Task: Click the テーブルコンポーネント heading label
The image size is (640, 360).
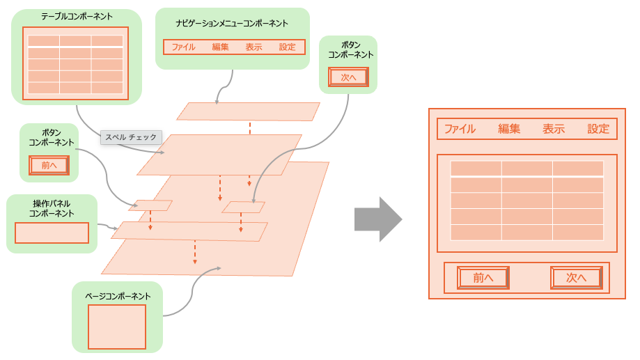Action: coord(77,16)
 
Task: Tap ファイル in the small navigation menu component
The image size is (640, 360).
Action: coord(183,47)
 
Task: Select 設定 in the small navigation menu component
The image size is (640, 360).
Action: coord(287,47)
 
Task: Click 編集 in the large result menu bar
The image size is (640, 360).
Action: coord(509,129)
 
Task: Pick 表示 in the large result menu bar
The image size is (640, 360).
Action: coord(554,129)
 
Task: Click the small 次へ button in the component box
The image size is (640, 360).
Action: coord(348,77)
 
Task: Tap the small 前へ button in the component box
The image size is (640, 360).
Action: coord(49,165)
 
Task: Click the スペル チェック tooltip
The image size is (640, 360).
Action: coord(131,137)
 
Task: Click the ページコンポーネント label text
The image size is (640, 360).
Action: coord(117,296)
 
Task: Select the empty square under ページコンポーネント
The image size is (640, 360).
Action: coord(117,327)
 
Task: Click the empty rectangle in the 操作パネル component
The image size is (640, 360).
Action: coord(52,233)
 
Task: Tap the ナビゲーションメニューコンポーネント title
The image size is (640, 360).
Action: coord(232,23)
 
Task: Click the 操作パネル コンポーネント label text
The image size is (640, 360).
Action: coord(52,208)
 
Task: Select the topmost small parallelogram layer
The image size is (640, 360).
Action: coord(248,111)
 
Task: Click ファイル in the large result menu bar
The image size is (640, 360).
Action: coord(460,129)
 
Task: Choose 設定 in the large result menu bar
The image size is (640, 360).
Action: coord(598,129)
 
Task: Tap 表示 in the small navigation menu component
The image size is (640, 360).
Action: coord(253,47)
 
